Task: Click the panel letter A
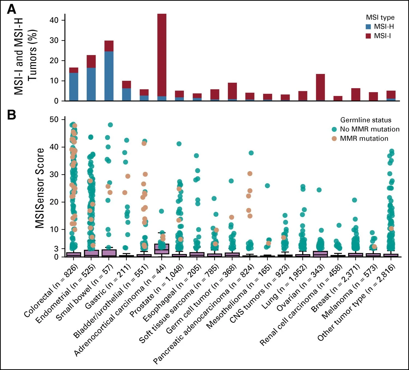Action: [x=11, y=10]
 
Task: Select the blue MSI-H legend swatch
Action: [x=368, y=27]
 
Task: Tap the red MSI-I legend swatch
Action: [x=368, y=36]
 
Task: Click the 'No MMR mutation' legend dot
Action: [x=334, y=129]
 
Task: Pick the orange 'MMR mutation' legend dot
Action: [x=334, y=138]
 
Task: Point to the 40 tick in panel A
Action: [x=55, y=20]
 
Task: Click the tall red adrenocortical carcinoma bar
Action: [x=162, y=55]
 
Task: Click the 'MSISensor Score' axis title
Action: [x=40, y=188]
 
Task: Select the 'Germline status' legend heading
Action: [x=366, y=120]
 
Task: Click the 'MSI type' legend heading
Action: [x=380, y=17]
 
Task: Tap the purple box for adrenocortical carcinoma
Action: [x=162, y=249]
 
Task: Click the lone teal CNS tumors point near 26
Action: [x=267, y=186]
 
